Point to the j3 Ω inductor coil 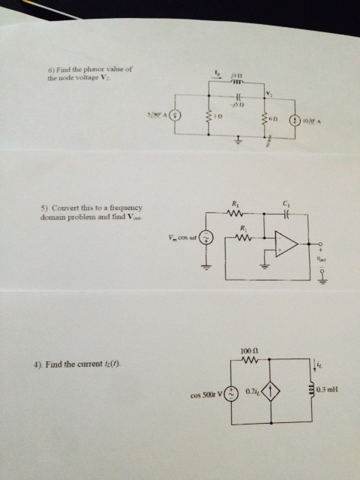pyautogui.click(x=238, y=83)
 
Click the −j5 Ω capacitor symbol pyautogui.click(x=238, y=96)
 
